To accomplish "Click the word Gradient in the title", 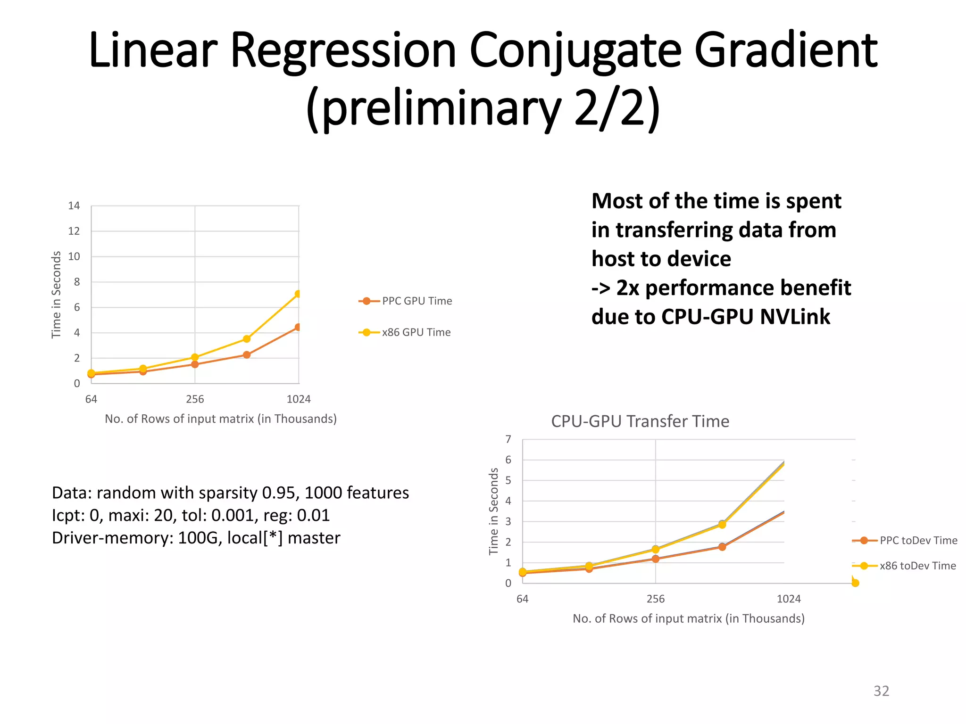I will click(785, 51).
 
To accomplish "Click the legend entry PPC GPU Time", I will click(416, 301).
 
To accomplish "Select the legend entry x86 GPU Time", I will click(416, 332).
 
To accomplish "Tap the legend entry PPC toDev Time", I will click(918, 541).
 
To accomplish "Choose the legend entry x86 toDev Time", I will click(917, 566).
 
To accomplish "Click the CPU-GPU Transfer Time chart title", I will click(640, 421).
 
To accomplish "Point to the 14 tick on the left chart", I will click(74, 206).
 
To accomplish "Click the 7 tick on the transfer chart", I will click(508, 439).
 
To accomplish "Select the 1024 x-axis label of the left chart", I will click(299, 399).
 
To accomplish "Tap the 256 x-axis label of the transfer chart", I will click(655, 599).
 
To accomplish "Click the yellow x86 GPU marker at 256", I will click(195, 357).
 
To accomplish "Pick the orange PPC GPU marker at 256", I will click(195, 364).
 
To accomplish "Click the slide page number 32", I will click(881, 691).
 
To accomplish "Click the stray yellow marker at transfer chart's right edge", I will click(855, 583).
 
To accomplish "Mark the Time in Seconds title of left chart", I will click(56, 295).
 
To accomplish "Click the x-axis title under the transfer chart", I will click(688, 618).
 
